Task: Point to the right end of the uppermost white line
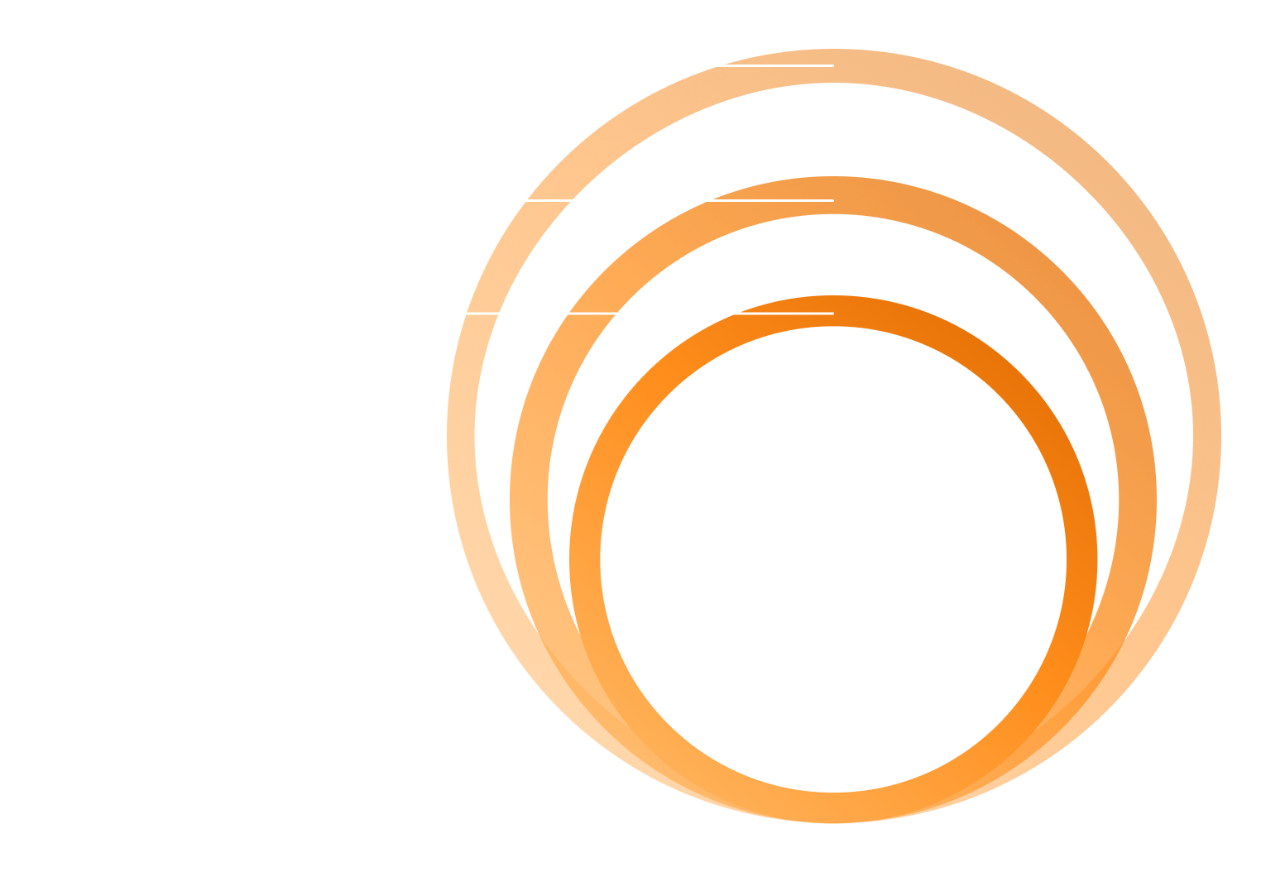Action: point(833,65)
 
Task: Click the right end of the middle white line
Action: point(833,199)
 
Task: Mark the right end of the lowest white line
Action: point(833,314)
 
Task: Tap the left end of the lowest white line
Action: point(466,314)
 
